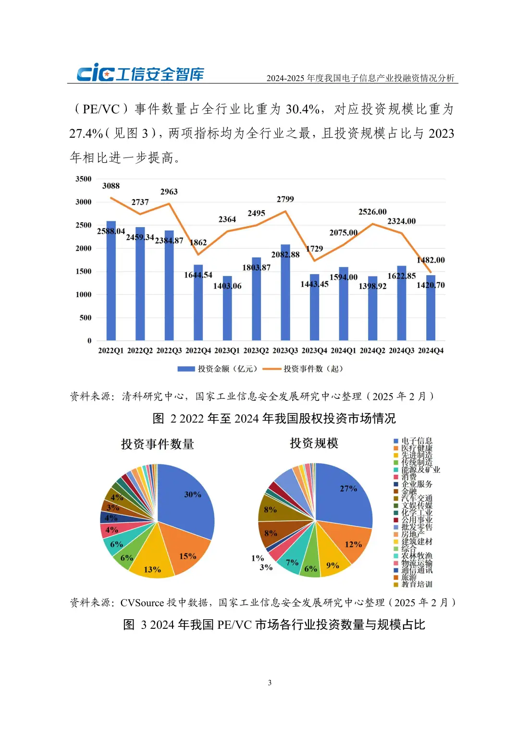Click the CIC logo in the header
(x=140, y=73)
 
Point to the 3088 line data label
(x=111, y=186)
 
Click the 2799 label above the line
(x=285, y=199)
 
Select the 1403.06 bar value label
(x=227, y=286)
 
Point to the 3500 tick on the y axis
(x=84, y=179)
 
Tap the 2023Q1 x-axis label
(x=227, y=351)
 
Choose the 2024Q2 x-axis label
(x=372, y=351)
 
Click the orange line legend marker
(x=272, y=369)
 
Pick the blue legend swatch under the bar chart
(x=186, y=369)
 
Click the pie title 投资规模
(x=314, y=443)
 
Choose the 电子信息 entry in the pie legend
(x=417, y=441)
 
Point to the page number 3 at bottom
(x=270, y=683)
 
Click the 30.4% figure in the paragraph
(x=303, y=109)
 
